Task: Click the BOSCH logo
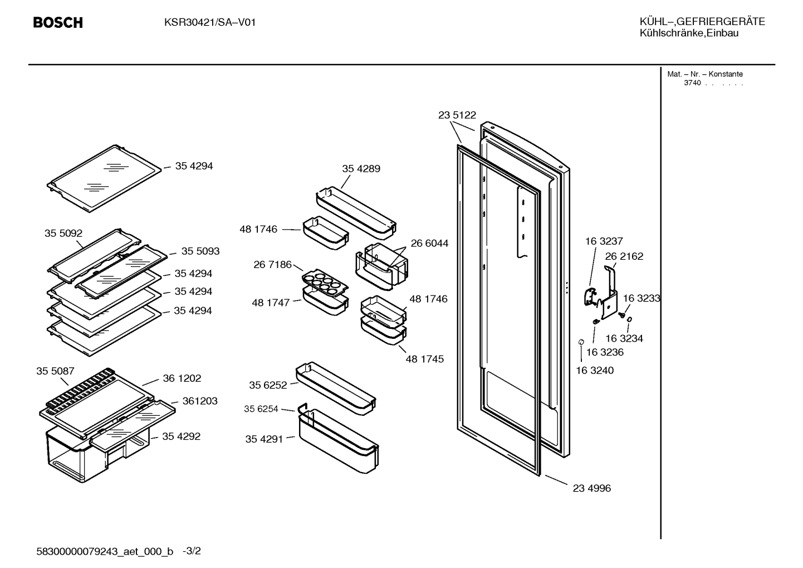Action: tap(58, 23)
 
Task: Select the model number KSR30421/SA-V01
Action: tap(210, 23)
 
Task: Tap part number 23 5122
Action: tap(457, 115)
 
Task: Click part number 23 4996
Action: tap(591, 488)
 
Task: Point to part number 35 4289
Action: tap(361, 169)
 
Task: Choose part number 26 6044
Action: tap(429, 243)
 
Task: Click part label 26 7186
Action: tap(272, 264)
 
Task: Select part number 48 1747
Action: tap(271, 303)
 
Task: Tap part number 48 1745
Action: tap(424, 359)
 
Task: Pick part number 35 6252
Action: tap(268, 385)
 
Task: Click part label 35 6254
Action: tap(261, 409)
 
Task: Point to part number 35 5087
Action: tap(55, 371)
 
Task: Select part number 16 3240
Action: tap(595, 370)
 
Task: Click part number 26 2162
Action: tap(624, 256)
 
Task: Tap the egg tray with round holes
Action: tap(325, 283)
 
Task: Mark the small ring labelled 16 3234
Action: tap(629, 319)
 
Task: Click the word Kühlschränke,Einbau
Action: tap(689, 33)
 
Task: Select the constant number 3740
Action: tap(692, 83)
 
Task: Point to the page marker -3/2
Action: tap(192, 551)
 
